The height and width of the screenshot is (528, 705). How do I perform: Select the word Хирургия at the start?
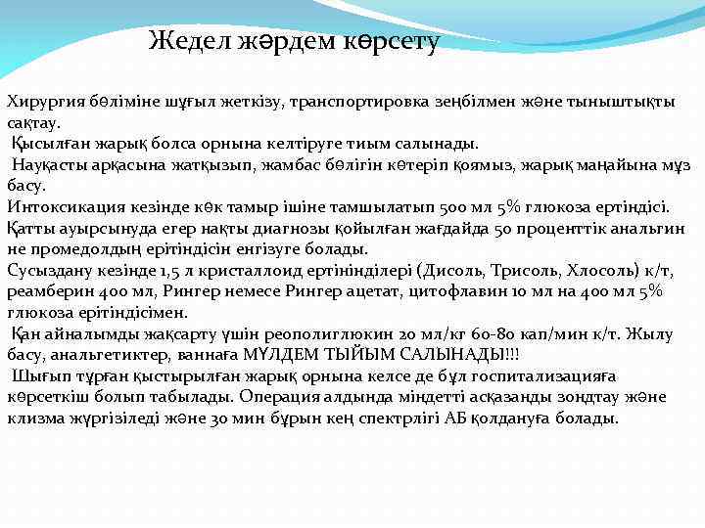44,102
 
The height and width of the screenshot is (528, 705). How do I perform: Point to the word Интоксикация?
61,206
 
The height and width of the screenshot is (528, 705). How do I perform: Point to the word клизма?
33,418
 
